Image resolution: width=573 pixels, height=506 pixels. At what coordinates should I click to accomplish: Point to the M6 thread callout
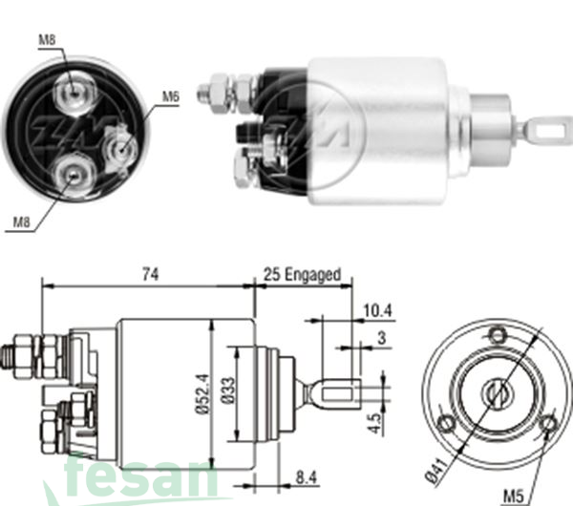click(170, 95)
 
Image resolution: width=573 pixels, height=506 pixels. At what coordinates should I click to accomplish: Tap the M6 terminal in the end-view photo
click(120, 148)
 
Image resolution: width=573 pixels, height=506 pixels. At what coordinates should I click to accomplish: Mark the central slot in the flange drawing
click(496, 390)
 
